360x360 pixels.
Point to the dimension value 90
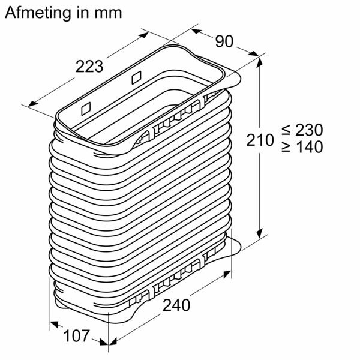click(224, 42)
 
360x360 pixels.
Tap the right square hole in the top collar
click(135, 77)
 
